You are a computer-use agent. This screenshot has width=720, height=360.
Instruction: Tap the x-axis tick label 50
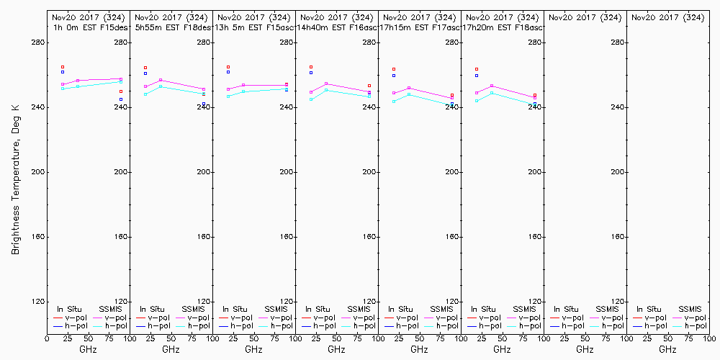[x=89, y=338]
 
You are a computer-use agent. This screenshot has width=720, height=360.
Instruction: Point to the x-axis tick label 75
[x=109, y=338]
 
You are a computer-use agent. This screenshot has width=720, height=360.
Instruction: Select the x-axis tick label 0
[x=48, y=338]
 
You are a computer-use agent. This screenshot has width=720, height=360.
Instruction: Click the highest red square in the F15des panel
[x=63, y=67]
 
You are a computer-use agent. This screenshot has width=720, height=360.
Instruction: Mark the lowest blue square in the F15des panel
[x=121, y=99]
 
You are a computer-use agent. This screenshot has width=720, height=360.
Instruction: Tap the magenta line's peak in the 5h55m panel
[x=161, y=80]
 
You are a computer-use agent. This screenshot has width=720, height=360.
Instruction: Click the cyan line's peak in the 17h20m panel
[x=492, y=93]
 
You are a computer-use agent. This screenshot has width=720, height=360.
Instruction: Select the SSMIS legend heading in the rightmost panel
[x=690, y=309]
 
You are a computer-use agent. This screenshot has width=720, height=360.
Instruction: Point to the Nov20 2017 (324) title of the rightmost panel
[x=667, y=17]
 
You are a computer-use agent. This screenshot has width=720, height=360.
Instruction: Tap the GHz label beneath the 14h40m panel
[x=336, y=349]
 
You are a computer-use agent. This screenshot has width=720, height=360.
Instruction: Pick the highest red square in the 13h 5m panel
[x=228, y=67]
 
